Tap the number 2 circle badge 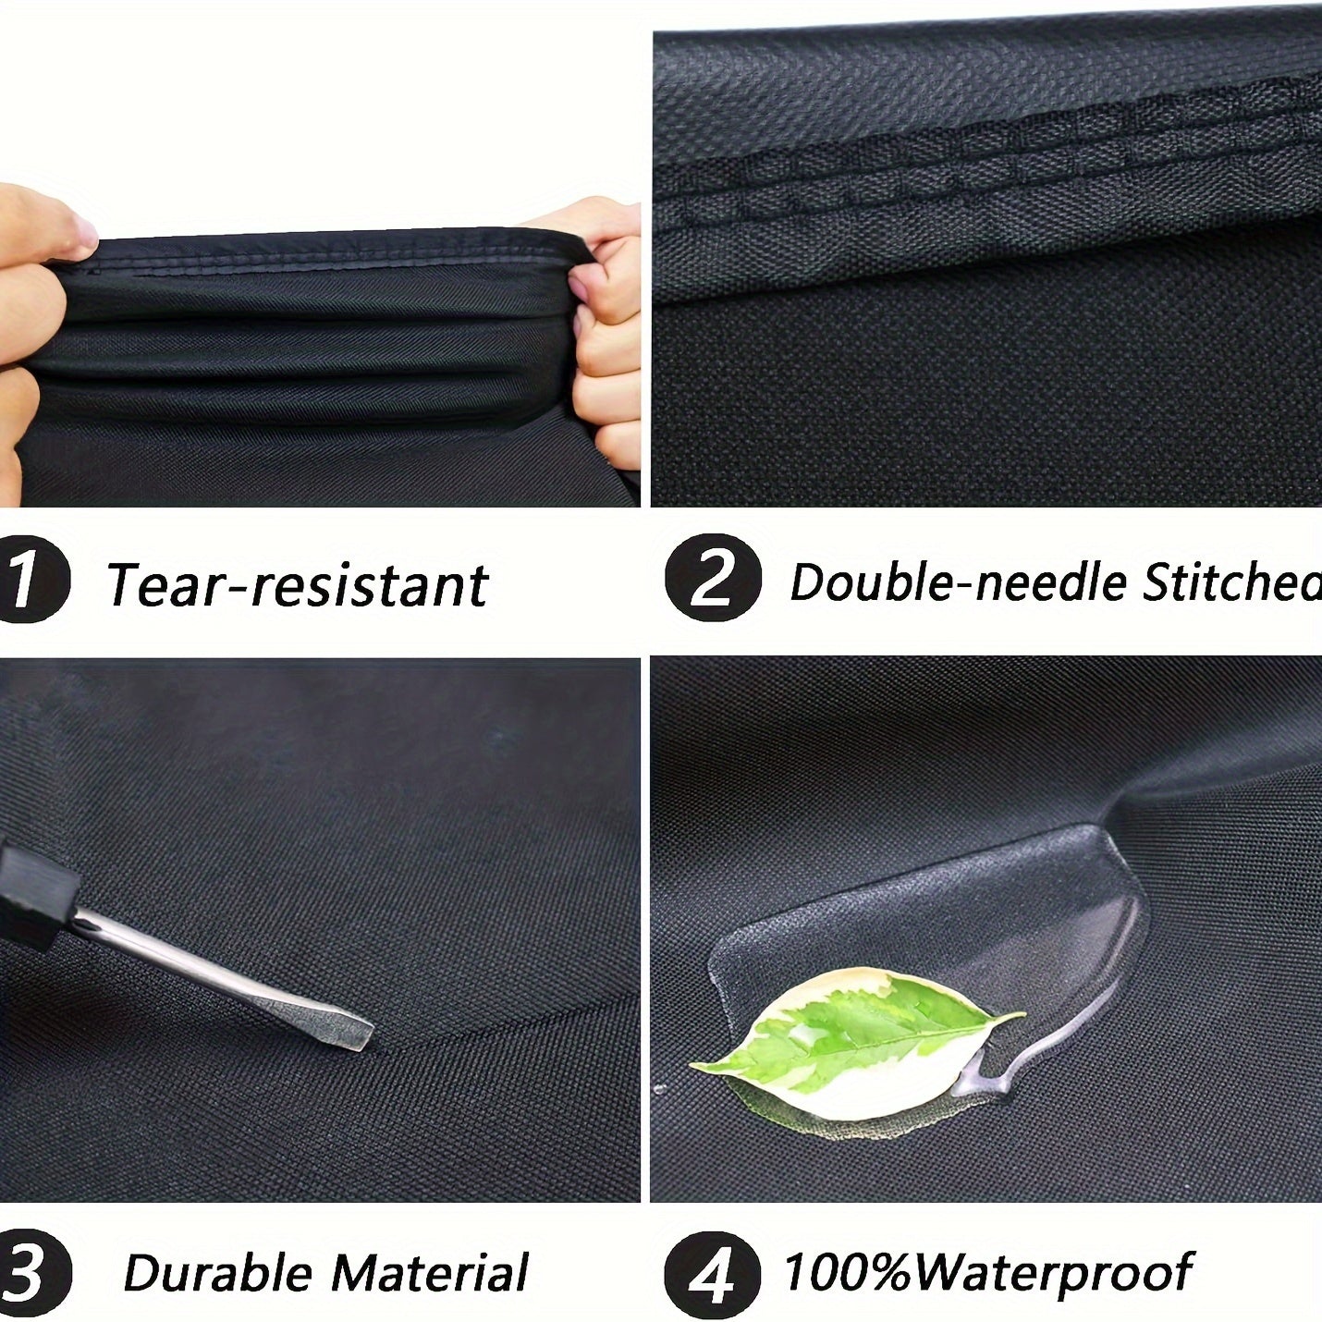click(x=713, y=580)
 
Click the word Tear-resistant click(x=296, y=584)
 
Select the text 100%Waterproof click(x=987, y=1271)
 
